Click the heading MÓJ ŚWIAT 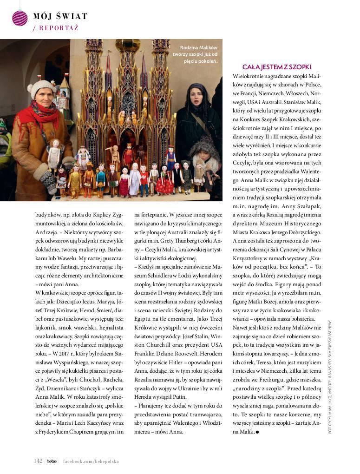60,17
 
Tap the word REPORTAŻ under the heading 59,28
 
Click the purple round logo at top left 20,18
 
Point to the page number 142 38,461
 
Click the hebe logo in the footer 52,461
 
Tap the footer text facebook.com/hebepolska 91,461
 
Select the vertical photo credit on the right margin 330,376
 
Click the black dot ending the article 257,432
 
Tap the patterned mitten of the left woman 48,179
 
